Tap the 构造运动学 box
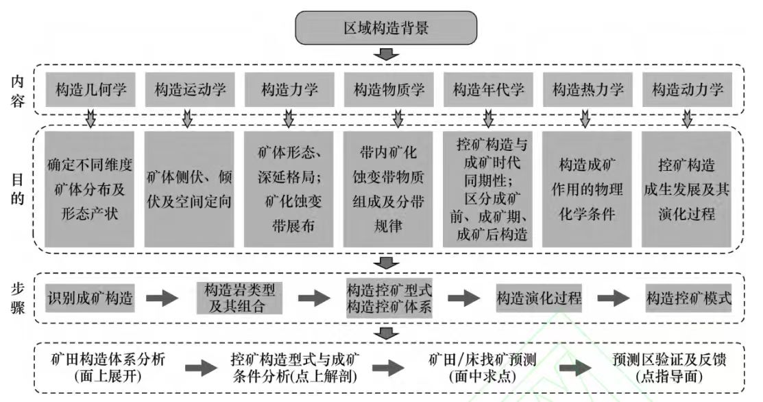pos(189,89)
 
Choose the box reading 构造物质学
pos(389,89)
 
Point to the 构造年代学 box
pos(488,89)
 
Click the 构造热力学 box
pos(588,89)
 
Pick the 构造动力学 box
pos(688,89)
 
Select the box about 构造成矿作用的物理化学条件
pos(588,189)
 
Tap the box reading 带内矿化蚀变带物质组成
pos(389,189)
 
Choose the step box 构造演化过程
pos(539,298)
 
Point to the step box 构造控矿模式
pos(688,298)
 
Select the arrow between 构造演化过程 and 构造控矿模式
pos(613,299)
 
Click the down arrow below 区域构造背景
pos(389,54)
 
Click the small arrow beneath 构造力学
pos(289,121)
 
